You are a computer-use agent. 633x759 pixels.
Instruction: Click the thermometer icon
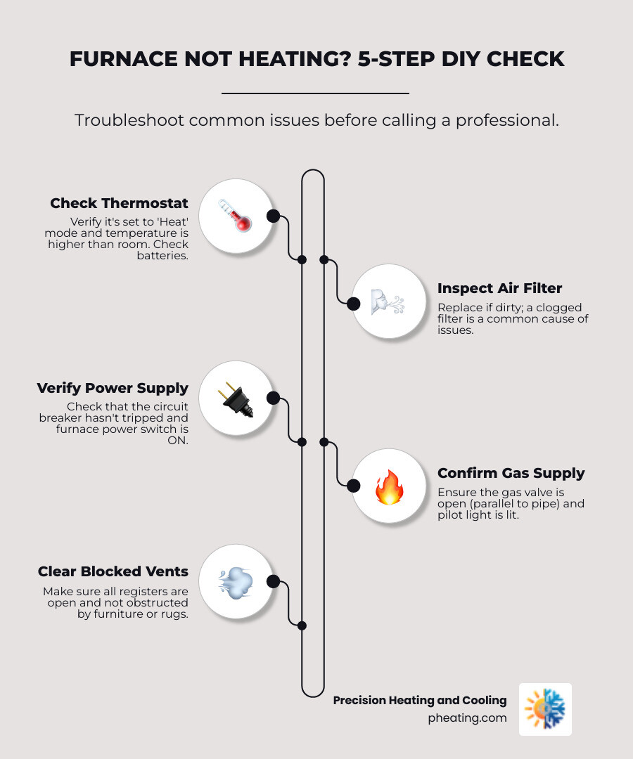click(235, 216)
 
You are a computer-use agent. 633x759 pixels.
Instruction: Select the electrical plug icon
click(235, 398)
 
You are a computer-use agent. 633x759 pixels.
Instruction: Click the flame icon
click(388, 486)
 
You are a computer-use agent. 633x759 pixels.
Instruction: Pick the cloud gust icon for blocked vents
click(235, 581)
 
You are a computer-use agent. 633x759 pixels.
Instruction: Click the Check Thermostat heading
click(119, 204)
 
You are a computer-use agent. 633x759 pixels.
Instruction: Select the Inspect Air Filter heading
click(499, 288)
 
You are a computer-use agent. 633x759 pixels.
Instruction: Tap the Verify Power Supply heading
click(113, 388)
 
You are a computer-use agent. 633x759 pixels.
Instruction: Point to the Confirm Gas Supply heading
click(511, 473)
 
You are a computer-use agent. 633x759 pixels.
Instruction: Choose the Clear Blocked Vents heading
click(113, 572)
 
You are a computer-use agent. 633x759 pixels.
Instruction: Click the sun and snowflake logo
click(545, 709)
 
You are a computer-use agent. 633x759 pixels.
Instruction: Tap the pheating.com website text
click(467, 718)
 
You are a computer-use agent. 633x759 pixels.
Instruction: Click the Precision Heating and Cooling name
click(420, 700)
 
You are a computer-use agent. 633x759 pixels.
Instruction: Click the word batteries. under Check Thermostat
click(162, 256)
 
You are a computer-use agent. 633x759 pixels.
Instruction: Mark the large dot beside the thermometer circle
click(273, 216)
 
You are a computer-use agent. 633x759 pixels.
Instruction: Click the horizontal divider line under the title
click(315, 93)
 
